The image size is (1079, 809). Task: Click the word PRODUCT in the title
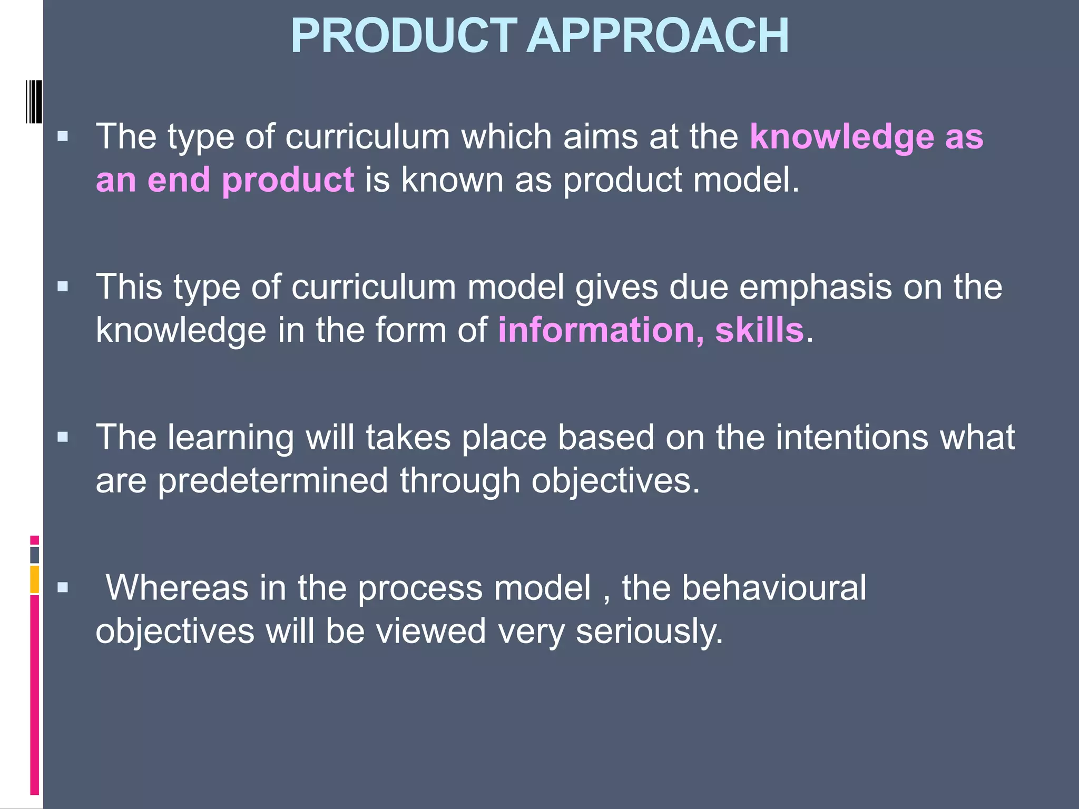point(404,36)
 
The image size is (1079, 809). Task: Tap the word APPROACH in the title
point(658,36)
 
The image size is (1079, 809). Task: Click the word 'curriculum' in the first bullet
point(368,137)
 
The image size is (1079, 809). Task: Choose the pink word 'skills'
point(759,330)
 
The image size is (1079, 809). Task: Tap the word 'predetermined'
point(273,480)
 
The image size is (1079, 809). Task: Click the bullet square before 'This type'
point(63,287)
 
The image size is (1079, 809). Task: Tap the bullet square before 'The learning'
point(63,437)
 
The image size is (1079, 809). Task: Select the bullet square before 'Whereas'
point(63,587)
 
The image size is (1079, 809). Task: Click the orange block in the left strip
point(34,579)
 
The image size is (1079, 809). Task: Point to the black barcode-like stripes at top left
point(34,102)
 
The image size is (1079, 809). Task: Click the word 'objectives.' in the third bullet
point(615,480)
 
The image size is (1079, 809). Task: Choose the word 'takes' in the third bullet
point(408,437)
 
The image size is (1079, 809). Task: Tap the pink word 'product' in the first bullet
point(288,180)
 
